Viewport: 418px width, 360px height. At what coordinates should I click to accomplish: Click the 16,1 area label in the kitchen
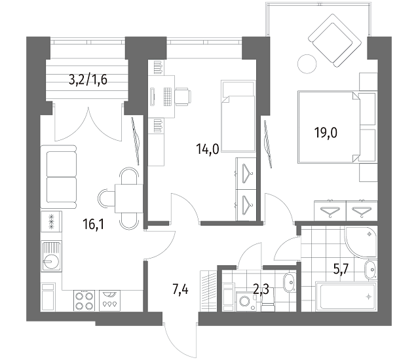94,225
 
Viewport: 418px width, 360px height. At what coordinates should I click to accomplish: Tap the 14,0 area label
208,149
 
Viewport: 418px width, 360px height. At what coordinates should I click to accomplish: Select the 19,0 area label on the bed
326,133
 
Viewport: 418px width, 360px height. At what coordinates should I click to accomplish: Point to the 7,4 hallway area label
180,289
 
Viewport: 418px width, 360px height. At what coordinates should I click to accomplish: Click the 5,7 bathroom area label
341,269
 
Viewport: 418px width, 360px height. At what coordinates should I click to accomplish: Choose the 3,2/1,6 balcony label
88,79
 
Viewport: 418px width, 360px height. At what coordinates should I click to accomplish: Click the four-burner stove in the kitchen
85,300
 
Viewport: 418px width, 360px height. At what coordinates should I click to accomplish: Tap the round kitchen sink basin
50,261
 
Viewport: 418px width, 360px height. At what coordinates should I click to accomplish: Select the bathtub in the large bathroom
347,297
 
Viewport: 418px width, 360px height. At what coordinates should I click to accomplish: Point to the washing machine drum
245,301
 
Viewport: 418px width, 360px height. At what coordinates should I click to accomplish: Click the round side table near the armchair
307,63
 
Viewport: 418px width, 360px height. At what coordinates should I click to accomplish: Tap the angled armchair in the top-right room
335,41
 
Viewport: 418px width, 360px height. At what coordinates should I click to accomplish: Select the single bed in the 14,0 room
238,116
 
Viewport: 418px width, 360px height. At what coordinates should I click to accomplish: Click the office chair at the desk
183,96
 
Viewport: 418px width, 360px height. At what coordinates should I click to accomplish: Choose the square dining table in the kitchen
129,198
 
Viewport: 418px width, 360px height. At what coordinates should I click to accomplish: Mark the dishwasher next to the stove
109,300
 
